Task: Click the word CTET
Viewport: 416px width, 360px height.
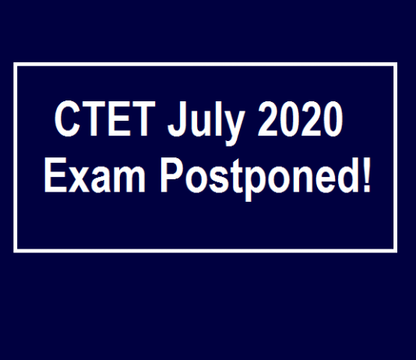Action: [104, 118]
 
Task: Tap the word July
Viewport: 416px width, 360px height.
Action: [206, 123]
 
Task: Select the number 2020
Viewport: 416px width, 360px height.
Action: [300, 118]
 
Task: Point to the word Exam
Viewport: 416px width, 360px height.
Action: [95, 175]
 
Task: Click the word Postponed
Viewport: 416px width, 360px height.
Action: [259, 179]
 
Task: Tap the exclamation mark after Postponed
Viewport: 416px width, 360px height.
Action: [366, 175]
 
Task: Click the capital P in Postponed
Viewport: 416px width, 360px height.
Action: [172, 175]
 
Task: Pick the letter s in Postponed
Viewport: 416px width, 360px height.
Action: [221, 179]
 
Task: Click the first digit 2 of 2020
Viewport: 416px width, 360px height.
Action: [267, 118]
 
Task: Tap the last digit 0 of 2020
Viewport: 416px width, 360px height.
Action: [333, 118]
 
